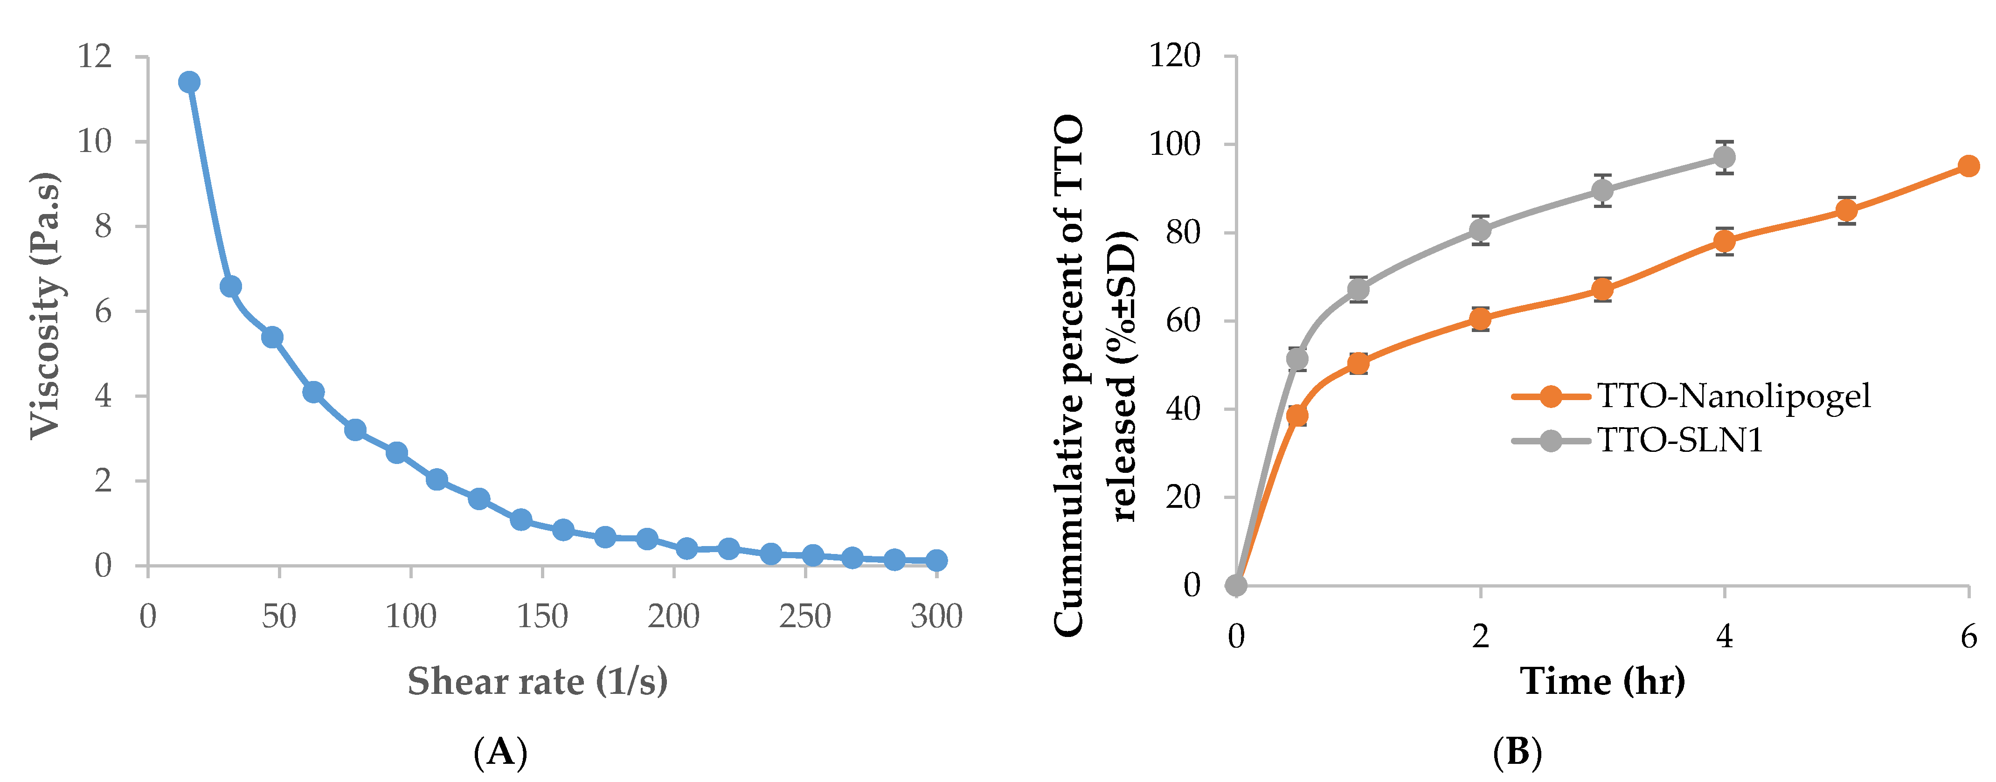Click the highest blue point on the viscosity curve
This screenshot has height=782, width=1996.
pyautogui.click(x=189, y=82)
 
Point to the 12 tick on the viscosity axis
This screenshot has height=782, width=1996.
pyautogui.click(x=95, y=56)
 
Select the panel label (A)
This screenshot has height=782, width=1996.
pyautogui.click(x=500, y=752)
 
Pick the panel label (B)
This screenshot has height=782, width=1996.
pyautogui.click(x=1517, y=752)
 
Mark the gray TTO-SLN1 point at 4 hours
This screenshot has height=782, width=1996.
pyautogui.click(x=1724, y=157)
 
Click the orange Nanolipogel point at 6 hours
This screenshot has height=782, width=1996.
pyautogui.click(x=1968, y=166)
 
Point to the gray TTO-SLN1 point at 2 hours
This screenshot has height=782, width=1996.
pyautogui.click(x=1480, y=230)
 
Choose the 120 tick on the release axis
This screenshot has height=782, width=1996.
pyautogui.click(x=1175, y=56)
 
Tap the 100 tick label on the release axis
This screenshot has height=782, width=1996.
pyautogui.click(x=1175, y=144)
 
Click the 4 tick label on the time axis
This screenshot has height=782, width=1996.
pyautogui.click(x=1724, y=637)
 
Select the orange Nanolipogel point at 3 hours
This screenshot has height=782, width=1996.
pyautogui.click(x=1602, y=290)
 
